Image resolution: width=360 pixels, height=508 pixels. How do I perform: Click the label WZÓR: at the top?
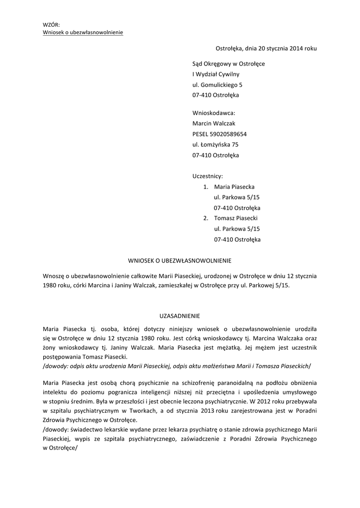coord(51,25)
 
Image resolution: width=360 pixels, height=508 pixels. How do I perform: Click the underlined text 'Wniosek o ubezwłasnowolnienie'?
coord(83,33)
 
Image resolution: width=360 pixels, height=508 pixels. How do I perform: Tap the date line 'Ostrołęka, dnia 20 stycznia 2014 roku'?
coord(266,49)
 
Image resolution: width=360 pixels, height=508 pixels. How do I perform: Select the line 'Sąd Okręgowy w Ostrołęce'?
coord(228,64)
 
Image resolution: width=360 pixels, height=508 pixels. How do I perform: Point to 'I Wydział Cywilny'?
coord(216,74)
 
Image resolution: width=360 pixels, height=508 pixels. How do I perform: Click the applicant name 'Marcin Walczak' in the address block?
coord(214,124)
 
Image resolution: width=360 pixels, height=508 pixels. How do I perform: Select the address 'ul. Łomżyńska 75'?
coord(215,144)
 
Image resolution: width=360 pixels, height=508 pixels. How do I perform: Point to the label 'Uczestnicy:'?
coord(208,176)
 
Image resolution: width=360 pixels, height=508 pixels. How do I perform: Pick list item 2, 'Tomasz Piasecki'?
coord(236,218)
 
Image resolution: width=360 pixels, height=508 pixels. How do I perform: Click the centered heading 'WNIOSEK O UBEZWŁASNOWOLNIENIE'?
coord(180,260)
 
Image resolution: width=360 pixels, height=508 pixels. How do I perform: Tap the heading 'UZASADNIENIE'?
coord(180,316)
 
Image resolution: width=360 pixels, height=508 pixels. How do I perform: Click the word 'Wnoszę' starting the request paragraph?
coord(54,276)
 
